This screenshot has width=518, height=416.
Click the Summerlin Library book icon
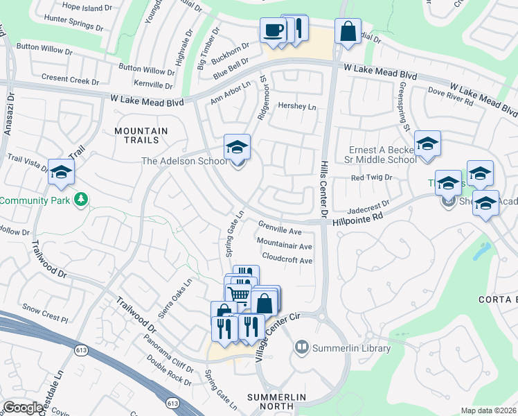coord(301,345)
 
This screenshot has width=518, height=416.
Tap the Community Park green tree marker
coord(82,200)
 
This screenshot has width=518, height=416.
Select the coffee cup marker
coord(274,31)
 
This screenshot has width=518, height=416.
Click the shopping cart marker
coord(239,295)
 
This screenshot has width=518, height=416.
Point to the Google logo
coord(23,408)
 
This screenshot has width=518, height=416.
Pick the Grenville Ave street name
coord(280,228)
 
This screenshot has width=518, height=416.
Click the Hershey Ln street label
coord(296,107)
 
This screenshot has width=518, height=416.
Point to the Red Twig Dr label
coord(371,178)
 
